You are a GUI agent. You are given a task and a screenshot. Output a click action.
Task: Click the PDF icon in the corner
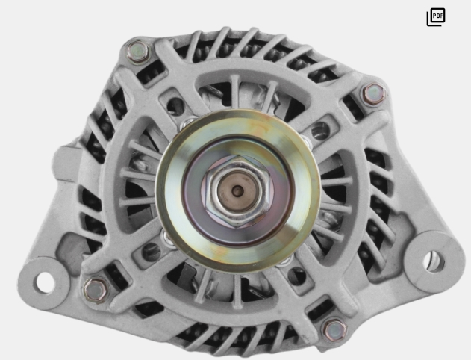pos(436,17)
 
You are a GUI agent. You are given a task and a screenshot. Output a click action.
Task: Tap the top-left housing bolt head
pos(138,52)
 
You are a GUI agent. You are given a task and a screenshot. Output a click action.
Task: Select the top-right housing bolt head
pos(372,94)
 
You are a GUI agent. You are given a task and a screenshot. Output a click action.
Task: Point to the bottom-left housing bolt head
pos(96,290)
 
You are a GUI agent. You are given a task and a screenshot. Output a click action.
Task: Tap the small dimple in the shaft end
pos(237,190)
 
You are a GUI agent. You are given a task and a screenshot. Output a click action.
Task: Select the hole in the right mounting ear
pos(434,261)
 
